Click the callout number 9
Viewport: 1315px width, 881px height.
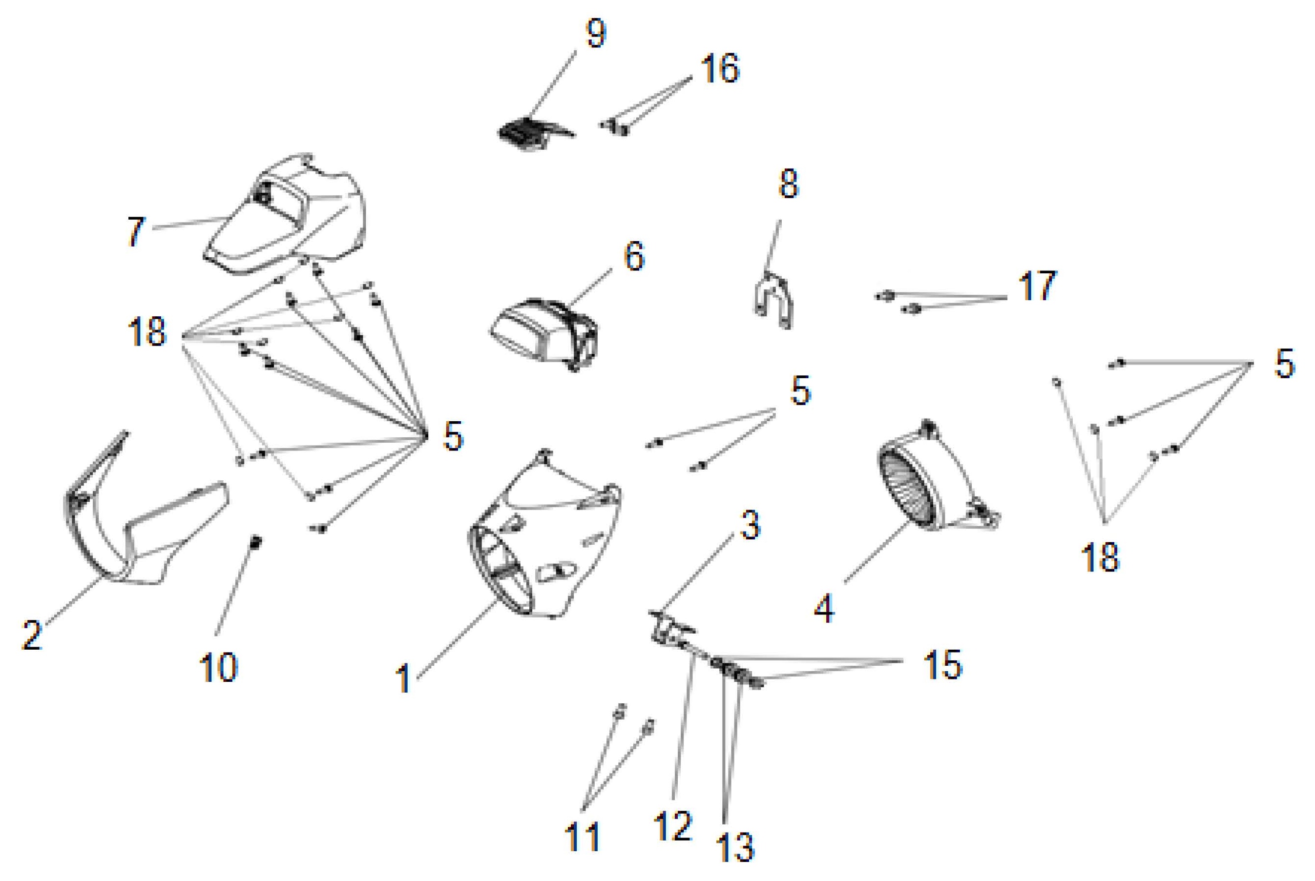tap(595, 35)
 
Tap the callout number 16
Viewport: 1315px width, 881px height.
tap(720, 69)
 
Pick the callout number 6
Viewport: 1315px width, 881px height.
tap(634, 257)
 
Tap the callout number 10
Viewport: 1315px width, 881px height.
tap(218, 668)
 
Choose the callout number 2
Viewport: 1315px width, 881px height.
tap(32, 635)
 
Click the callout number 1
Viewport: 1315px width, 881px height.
tap(403, 679)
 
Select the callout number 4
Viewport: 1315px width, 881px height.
tap(824, 609)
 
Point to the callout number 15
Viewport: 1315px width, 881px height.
tap(942, 665)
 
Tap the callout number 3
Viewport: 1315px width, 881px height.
tap(750, 526)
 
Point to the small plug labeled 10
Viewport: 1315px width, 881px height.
tap(256, 542)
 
